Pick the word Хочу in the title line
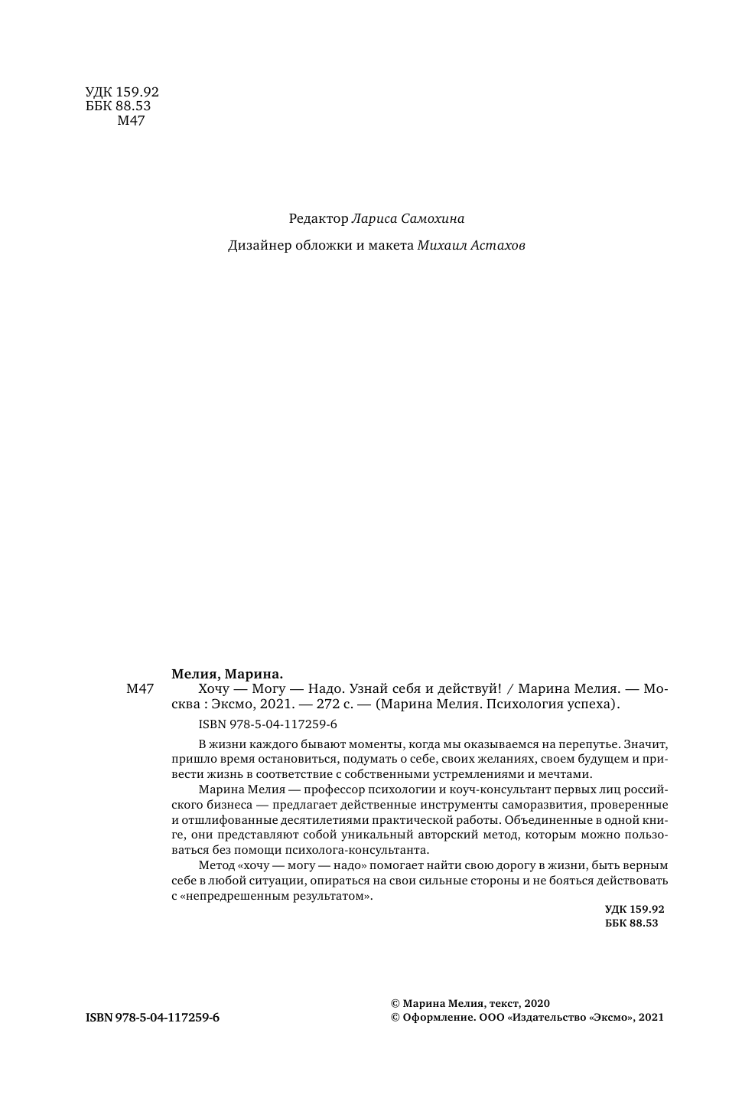pyautogui.click(x=214, y=689)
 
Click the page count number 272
pyautogui.click(x=317, y=704)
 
